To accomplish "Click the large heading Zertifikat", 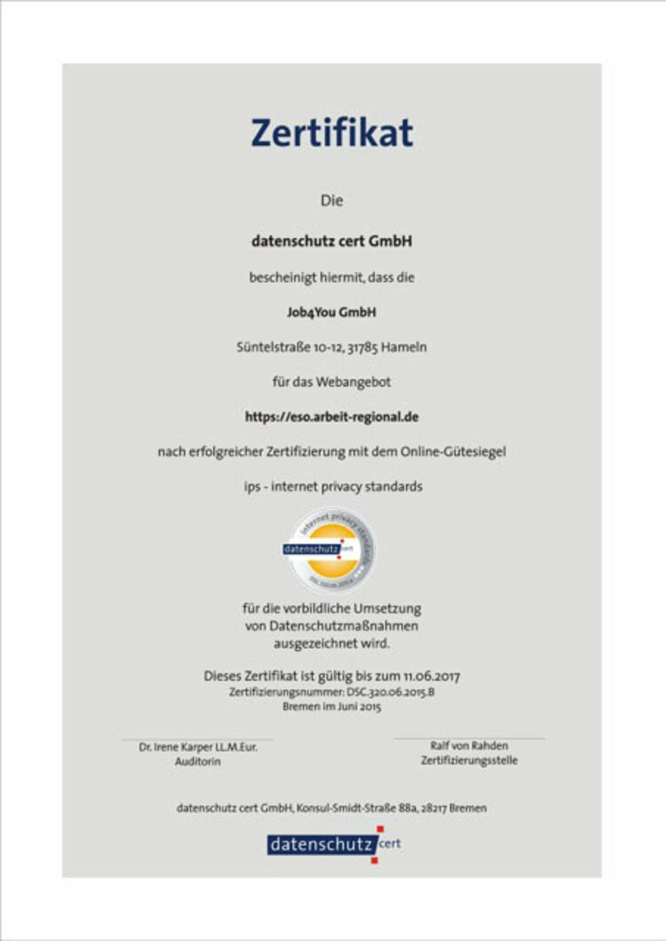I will point(331,133).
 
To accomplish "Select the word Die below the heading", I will point(331,202).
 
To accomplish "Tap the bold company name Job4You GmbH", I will point(331,312).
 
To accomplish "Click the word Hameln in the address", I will point(406,347).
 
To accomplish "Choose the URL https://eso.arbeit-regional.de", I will point(331,415).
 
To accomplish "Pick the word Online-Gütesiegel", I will point(453,451).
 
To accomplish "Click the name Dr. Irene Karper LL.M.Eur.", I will point(197,747).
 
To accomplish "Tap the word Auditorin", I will point(197,762).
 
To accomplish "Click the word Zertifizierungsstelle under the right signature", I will point(469,761).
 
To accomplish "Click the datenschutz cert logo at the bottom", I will point(333,844).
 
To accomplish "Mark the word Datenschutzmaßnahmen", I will point(331,626).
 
